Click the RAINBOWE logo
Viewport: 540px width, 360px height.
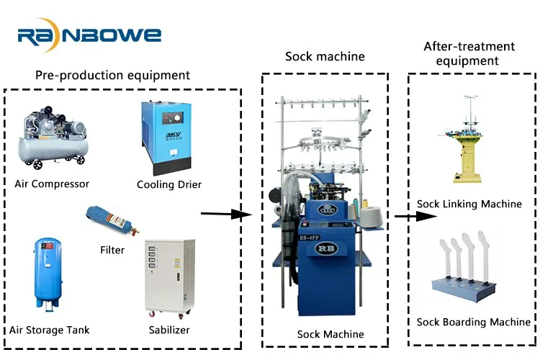point(89,35)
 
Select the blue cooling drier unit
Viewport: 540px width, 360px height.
point(164,138)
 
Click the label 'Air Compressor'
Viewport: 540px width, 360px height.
point(52,184)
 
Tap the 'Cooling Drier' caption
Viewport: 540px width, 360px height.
point(169,185)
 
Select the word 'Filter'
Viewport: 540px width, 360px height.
point(112,250)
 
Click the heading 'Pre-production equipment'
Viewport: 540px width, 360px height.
point(112,75)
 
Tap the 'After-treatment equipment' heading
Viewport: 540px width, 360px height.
point(469,53)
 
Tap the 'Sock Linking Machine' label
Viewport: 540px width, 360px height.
point(469,204)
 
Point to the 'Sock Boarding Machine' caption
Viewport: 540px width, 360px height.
point(473,322)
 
